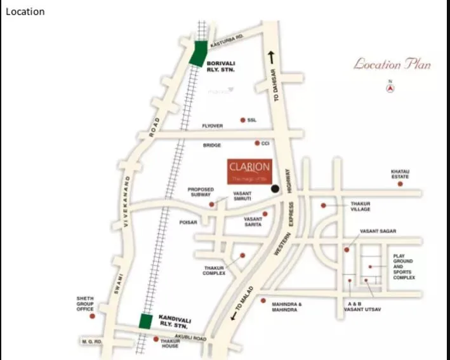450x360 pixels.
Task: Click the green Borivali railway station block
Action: tap(198, 53)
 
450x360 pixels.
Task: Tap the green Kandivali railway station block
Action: tap(146, 321)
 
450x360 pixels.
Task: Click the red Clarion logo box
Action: tap(249, 170)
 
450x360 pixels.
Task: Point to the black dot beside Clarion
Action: tap(275, 189)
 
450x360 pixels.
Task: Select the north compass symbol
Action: tap(392, 88)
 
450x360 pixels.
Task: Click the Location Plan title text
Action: tap(392, 64)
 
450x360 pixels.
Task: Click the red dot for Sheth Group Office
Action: tap(92, 316)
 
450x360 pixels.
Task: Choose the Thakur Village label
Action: tap(360, 206)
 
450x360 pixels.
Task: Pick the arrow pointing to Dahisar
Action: tap(272, 57)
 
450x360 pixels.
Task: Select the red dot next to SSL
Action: tap(242, 119)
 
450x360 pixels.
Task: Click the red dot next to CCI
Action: tap(257, 143)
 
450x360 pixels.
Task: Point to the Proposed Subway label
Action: tap(201, 192)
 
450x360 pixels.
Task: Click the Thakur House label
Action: tap(170, 343)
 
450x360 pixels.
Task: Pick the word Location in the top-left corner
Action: tap(25, 11)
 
